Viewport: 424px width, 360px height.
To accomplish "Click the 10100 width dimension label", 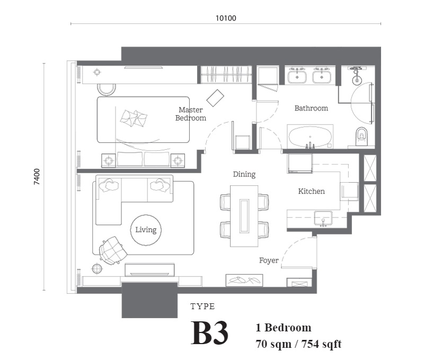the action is (x=226, y=18).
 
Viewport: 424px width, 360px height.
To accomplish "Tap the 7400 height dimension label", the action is (x=37, y=177).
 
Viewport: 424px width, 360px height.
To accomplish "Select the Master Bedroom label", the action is (x=191, y=114).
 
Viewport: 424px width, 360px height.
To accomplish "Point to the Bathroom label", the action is (x=311, y=108).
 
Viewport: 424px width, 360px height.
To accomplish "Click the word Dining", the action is (x=244, y=174).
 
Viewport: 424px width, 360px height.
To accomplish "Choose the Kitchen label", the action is (x=311, y=191).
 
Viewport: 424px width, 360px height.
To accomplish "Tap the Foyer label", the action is (x=269, y=260).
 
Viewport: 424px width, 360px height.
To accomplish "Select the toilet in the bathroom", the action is (x=361, y=137).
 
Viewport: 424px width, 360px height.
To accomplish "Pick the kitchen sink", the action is (x=323, y=218).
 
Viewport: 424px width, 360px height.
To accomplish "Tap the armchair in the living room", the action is (x=113, y=250).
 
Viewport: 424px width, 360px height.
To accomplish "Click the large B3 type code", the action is (x=209, y=332).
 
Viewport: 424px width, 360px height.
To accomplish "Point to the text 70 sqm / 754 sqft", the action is (x=298, y=344).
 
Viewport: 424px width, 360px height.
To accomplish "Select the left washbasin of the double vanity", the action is (x=297, y=77).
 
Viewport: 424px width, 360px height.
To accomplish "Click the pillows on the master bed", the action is (x=134, y=118).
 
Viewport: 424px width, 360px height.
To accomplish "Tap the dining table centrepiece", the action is (x=244, y=216).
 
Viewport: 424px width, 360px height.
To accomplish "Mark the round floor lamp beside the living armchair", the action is (x=97, y=269).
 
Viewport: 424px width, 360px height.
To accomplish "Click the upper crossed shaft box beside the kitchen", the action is (x=370, y=168).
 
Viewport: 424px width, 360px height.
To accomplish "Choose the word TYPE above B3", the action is (x=202, y=307).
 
